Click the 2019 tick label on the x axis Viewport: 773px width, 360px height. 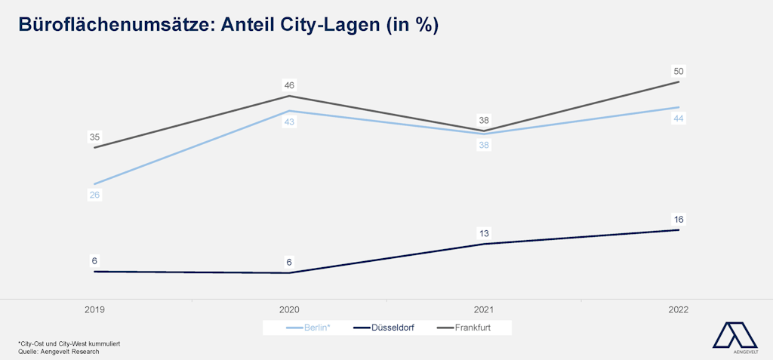click(94, 309)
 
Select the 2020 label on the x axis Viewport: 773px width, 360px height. click(289, 309)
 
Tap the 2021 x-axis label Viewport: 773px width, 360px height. click(484, 309)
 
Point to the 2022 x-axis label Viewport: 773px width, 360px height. click(678, 309)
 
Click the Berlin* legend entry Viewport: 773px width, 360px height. click(309, 328)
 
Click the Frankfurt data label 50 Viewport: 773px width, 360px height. click(678, 72)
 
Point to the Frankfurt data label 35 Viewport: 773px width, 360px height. click(94, 137)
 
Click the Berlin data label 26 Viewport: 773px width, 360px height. click(94, 195)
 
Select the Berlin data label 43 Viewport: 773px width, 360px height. click(289, 122)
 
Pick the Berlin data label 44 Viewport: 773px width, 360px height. click(678, 118)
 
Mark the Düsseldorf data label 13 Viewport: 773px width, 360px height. click(484, 233)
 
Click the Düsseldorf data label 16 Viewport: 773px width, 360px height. click(678, 220)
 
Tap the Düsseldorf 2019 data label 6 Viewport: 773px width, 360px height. click(94, 261)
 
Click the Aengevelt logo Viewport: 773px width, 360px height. click(736, 337)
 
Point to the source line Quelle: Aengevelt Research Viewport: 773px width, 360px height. click(59, 351)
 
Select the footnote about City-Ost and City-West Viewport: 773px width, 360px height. click(69, 343)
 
